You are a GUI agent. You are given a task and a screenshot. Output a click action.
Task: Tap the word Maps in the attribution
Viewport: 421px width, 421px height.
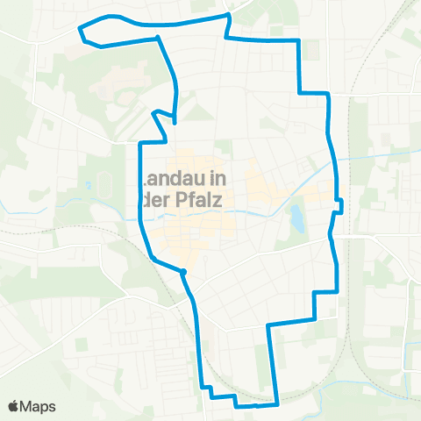[x=39, y=406]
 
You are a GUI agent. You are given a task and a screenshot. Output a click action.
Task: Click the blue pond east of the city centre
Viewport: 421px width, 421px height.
[x=296, y=218]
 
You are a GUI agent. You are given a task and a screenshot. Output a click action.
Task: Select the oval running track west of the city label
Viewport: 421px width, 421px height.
[x=105, y=185]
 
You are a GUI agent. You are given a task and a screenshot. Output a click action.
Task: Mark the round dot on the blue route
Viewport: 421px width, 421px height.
[x=184, y=273]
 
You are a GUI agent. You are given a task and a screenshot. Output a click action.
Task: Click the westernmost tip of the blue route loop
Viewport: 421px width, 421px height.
[x=81, y=29]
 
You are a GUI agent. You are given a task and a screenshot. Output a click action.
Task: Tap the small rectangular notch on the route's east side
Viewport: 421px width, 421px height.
[x=339, y=205]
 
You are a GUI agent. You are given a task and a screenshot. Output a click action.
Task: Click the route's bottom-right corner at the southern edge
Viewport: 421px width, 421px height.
[x=277, y=404]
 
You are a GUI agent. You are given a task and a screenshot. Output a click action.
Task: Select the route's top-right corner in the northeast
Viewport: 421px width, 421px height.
[x=300, y=42]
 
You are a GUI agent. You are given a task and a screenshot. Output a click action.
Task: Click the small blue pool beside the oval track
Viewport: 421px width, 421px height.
[x=90, y=185]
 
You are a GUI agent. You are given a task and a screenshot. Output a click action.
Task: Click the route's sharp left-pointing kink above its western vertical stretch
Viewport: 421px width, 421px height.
[x=153, y=113]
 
